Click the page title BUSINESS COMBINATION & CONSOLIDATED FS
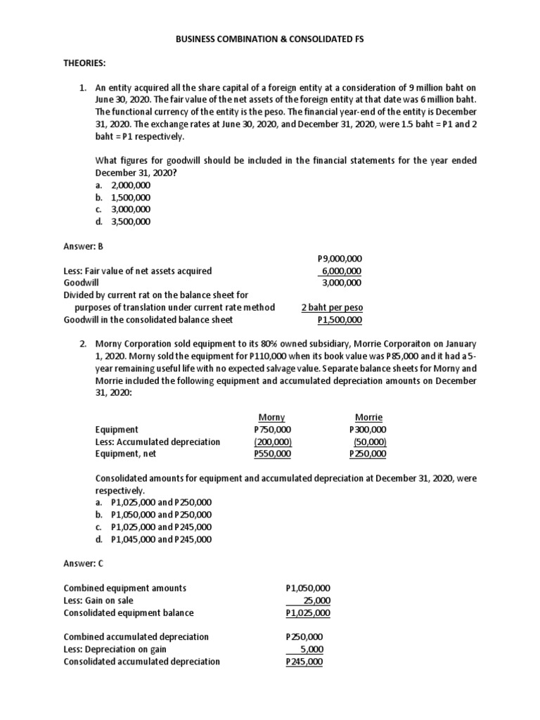tap(270, 40)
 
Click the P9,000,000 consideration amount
tap(340, 259)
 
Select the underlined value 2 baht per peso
tap(332, 308)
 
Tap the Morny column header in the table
tap(271, 417)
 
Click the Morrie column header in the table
tap(368, 417)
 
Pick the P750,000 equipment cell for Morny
tap(272, 430)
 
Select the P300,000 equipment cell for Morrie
tap(368, 430)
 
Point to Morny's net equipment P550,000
tap(272, 454)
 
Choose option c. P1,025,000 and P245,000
tap(154, 527)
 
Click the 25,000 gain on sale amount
tap(316, 600)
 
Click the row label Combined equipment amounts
tap(125, 588)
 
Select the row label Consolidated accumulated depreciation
tap(141, 662)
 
